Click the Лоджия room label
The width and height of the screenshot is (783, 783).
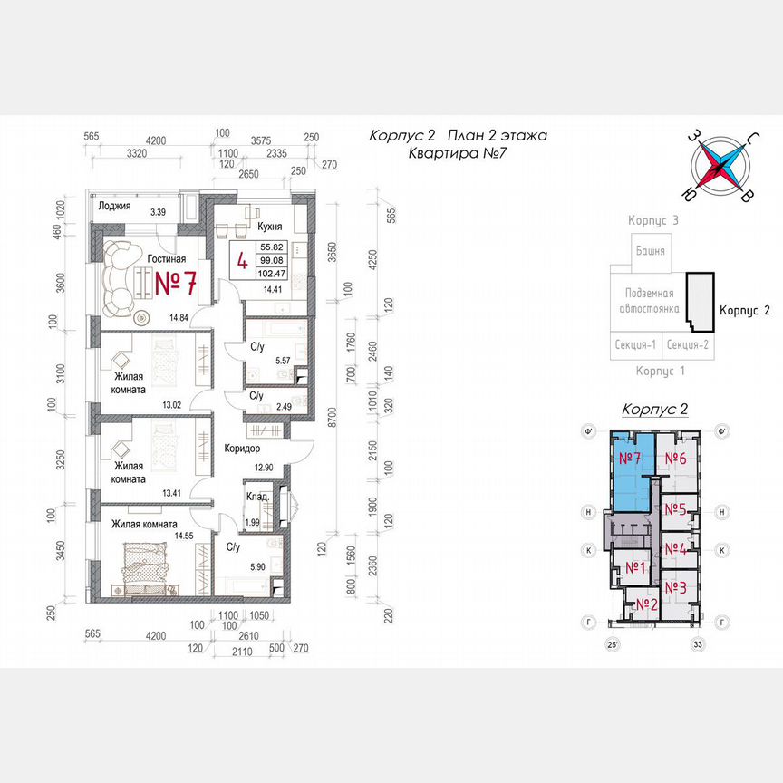pos(117,207)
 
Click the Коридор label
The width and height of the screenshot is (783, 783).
pos(242,448)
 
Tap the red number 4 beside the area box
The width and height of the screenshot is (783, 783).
pos(242,261)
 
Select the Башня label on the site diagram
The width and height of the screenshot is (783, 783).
pos(650,251)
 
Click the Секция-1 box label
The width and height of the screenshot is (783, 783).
pos(636,344)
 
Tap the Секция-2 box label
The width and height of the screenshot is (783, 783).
pos(690,344)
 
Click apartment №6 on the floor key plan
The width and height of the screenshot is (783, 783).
pos(676,459)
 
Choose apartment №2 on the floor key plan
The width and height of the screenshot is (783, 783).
pos(645,604)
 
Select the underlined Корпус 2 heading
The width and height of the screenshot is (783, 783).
pos(654,410)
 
